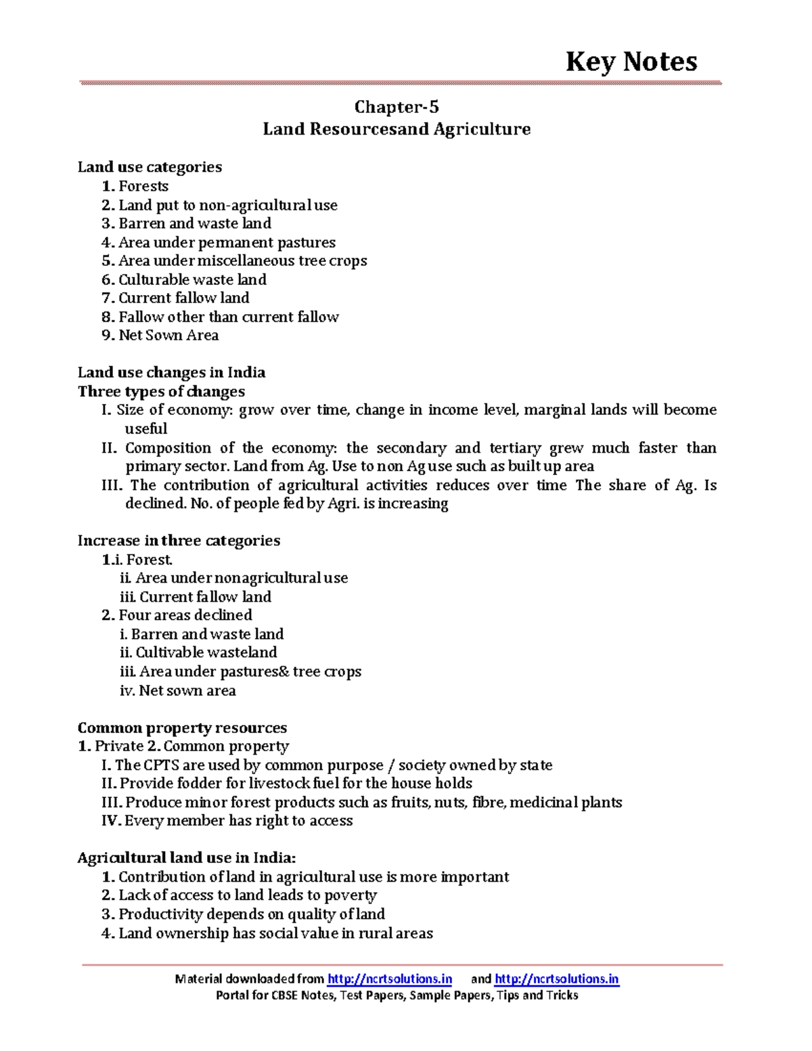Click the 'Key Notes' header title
[x=631, y=62]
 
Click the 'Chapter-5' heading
[x=397, y=107]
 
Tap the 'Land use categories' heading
[x=150, y=167]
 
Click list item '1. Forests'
[x=135, y=186]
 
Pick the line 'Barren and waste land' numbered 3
[x=187, y=223]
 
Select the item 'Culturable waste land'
[x=184, y=279]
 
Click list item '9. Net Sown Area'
[x=160, y=335]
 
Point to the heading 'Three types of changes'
[x=161, y=391]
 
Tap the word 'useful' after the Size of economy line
[x=145, y=429]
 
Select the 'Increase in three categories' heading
[x=179, y=541]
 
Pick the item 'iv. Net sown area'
[x=177, y=691]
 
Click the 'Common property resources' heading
[x=182, y=728]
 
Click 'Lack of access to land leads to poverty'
[x=240, y=895]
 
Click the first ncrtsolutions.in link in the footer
[x=390, y=979]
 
